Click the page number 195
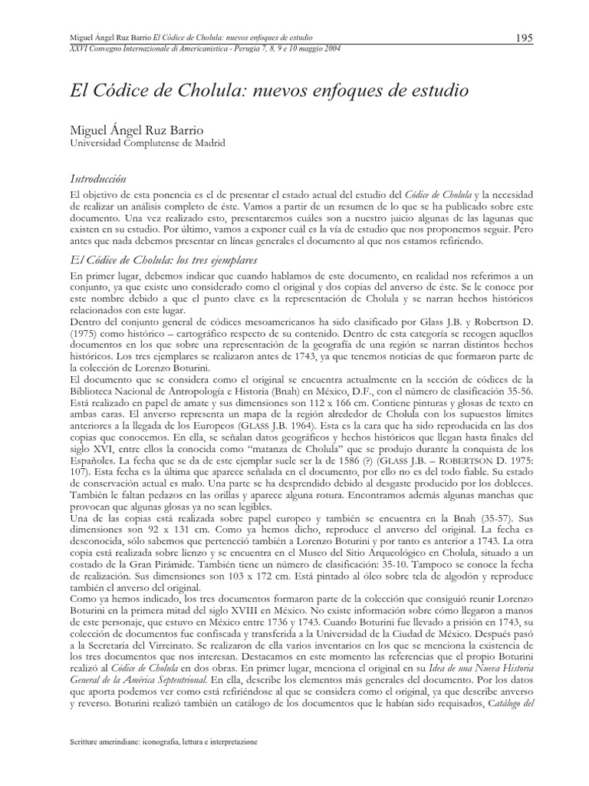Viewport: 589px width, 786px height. point(525,38)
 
